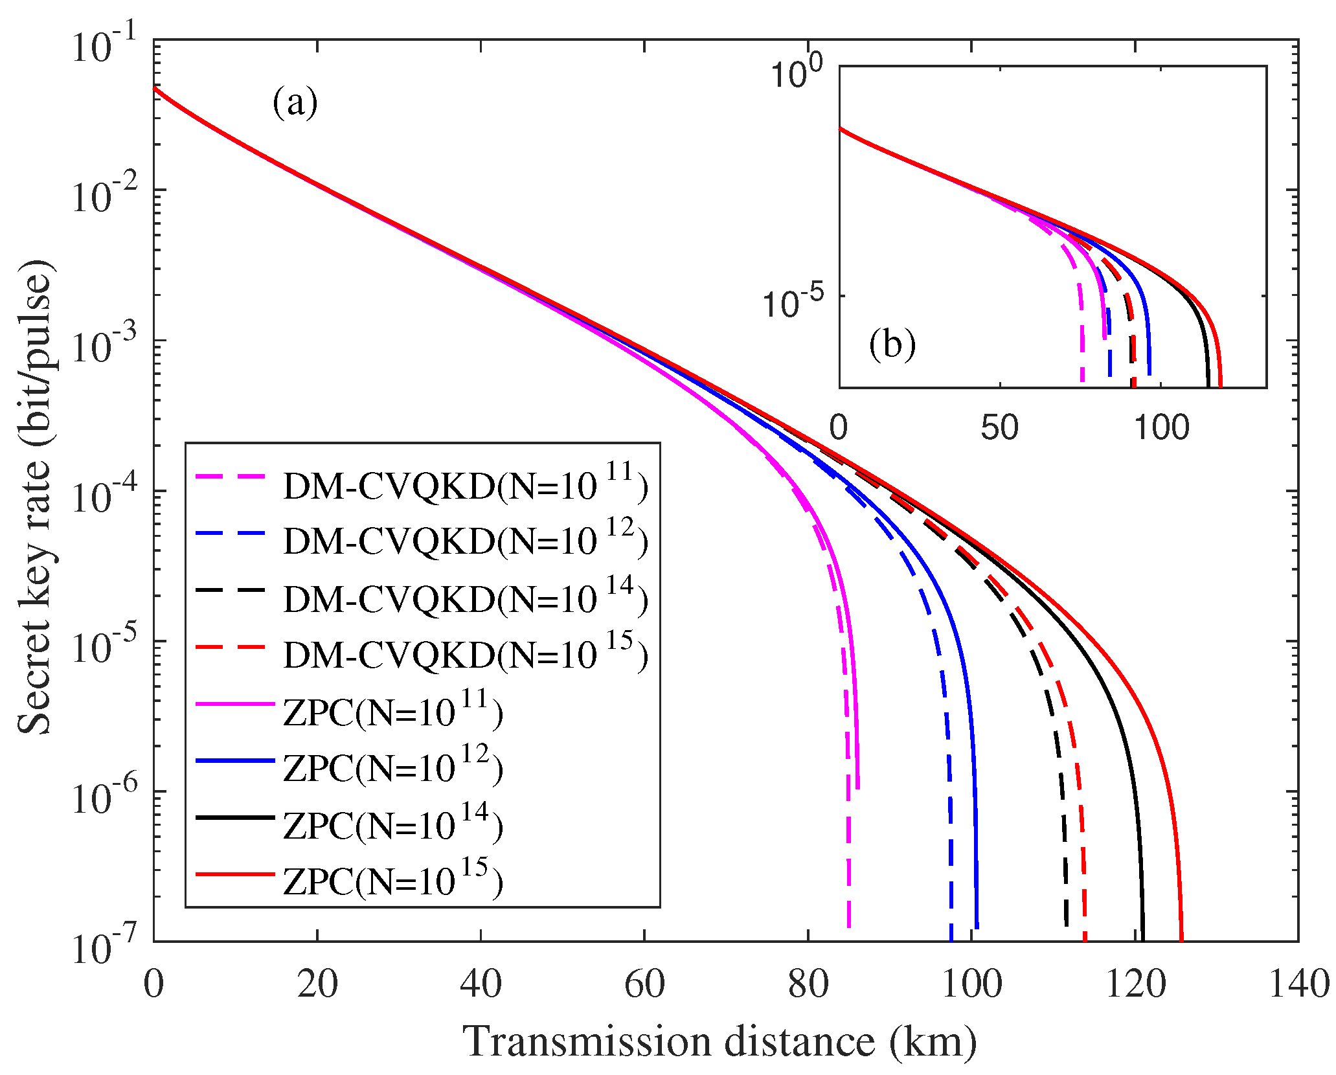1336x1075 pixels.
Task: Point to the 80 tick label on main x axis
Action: pos(808,984)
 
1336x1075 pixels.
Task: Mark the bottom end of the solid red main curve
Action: pos(1181,939)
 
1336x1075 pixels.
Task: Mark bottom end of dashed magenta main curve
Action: pos(849,926)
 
